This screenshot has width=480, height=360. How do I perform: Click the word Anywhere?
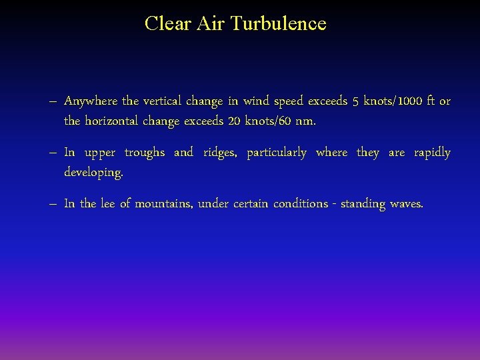(x=91, y=101)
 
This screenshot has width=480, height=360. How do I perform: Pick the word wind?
(x=256, y=101)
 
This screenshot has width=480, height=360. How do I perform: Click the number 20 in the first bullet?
(x=234, y=121)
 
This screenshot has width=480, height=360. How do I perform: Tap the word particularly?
(x=277, y=153)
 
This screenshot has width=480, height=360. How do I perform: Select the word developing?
(x=93, y=173)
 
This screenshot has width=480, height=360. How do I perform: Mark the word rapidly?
(x=432, y=153)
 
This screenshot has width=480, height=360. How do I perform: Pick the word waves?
(x=406, y=204)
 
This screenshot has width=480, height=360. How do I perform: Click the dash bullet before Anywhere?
(x=53, y=102)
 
